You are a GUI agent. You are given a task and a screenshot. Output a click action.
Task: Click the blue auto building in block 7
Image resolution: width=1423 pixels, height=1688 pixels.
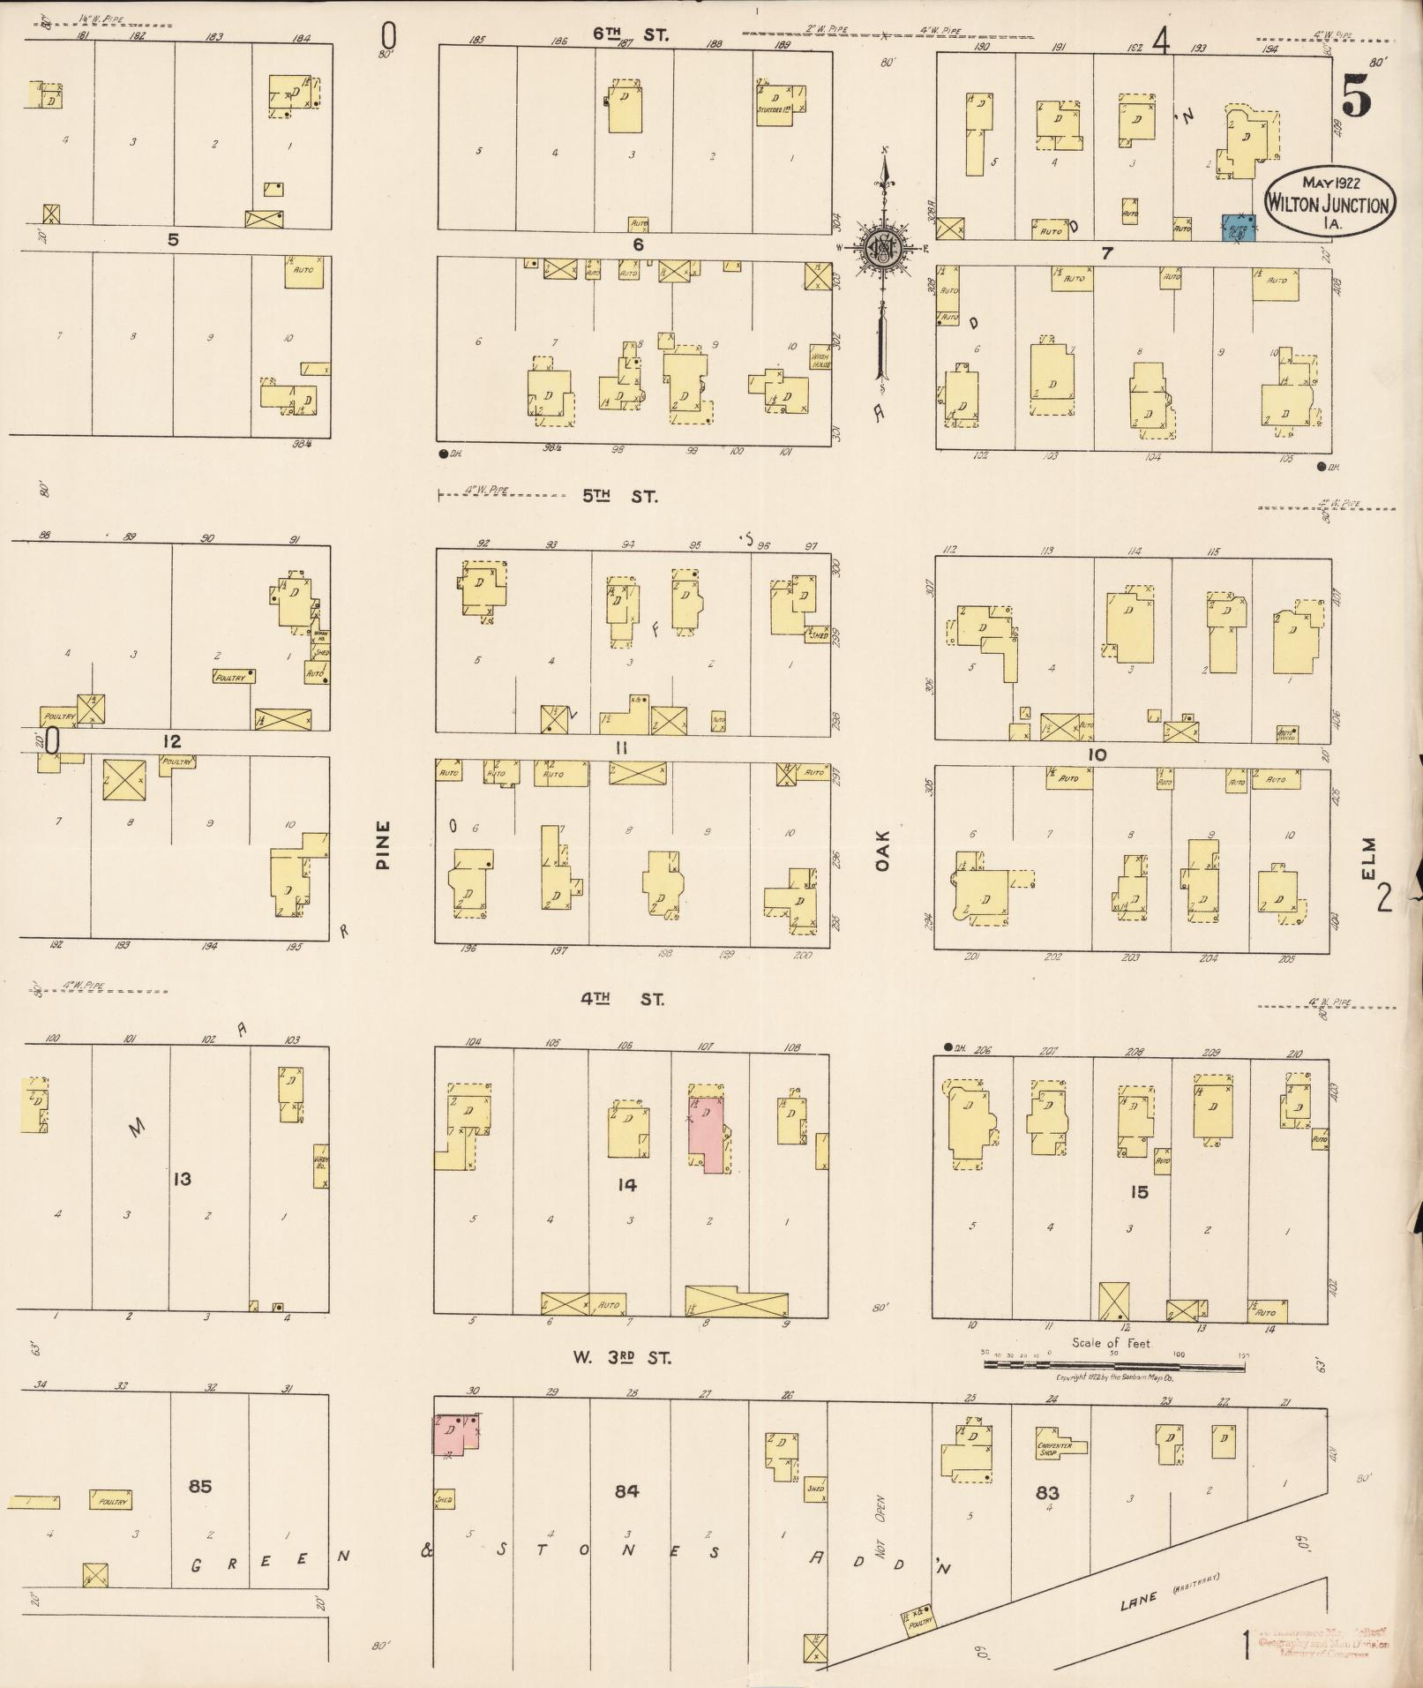[x=1239, y=228]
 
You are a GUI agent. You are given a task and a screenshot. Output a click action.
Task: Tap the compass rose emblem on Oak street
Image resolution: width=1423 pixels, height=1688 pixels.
[x=880, y=249]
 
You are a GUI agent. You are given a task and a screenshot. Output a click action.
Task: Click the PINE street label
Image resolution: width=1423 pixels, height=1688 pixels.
[x=383, y=846]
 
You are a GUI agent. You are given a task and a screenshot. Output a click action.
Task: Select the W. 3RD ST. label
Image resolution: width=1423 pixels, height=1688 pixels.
[x=621, y=1358]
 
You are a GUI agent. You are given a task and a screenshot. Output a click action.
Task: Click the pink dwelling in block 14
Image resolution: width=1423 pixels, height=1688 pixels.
[x=708, y=1133]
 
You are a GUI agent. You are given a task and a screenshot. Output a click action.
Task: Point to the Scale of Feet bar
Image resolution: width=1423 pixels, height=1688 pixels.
[x=1113, y=1365]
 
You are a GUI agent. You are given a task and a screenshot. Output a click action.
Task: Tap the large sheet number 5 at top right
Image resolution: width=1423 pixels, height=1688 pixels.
[x=1356, y=95]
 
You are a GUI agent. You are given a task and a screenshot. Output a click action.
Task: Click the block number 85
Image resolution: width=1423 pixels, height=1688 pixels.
[x=200, y=1486]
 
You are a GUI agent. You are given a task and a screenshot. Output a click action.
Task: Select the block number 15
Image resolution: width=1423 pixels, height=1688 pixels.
[x=1140, y=1192]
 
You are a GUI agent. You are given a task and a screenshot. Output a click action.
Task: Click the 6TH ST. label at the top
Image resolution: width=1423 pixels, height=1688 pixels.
[x=630, y=35]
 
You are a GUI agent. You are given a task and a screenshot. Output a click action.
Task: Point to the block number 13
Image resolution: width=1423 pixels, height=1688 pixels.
[x=182, y=1179]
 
